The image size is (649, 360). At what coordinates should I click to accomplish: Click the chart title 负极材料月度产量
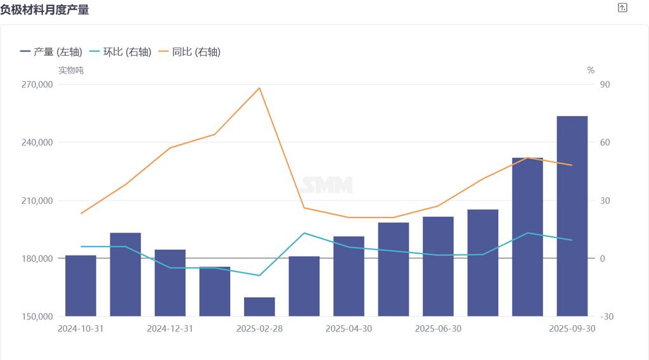(x=44, y=10)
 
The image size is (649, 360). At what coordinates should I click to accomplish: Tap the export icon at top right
(x=622, y=8)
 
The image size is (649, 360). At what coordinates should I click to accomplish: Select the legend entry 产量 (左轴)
(x=51, y=52)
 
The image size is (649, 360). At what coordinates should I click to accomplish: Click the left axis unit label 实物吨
(x=71, y=70)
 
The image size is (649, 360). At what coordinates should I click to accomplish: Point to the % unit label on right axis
(x=591, y=70)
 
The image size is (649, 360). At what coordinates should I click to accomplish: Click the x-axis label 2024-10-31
(x=80, y=329)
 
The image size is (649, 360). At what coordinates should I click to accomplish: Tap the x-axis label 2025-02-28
(x=259, y=329)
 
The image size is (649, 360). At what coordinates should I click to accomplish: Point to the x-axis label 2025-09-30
(x=572, y=329)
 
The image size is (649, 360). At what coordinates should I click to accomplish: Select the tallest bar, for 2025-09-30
(x=572, y=215)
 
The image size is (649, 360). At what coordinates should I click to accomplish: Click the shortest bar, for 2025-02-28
(x=259, y=307)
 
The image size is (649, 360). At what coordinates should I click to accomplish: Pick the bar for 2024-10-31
(x=80, y=285)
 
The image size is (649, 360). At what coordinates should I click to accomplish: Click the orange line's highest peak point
(x=259, y=88)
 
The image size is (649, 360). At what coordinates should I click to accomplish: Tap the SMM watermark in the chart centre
(x=326, y=185)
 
